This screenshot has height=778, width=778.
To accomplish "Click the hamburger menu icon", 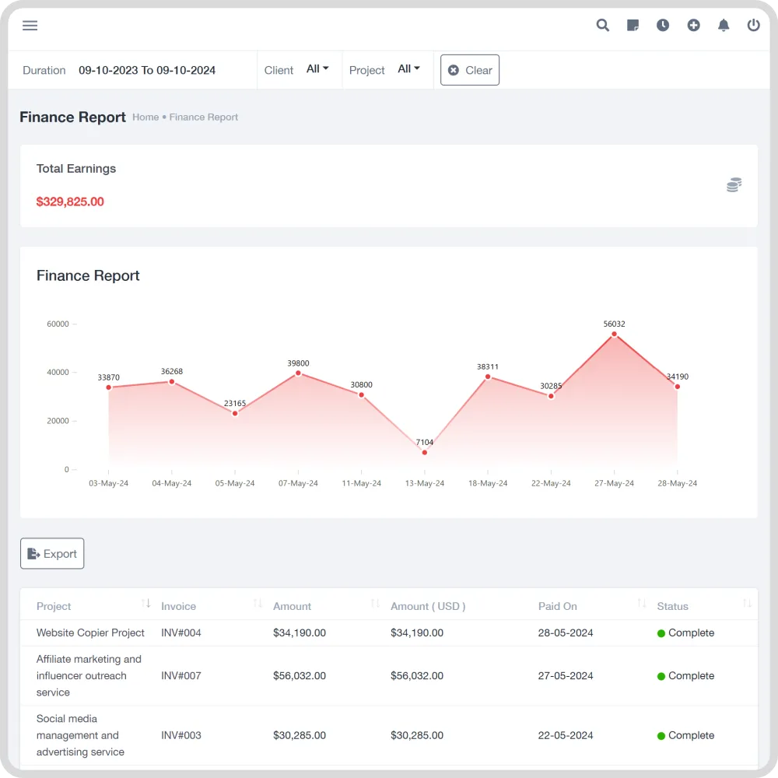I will tap(30, 26).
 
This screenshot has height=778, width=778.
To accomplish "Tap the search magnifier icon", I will tap(603, 26).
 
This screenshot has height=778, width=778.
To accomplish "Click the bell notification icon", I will tap(724, 26).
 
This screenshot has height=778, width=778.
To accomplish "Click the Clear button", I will tap(470, 70).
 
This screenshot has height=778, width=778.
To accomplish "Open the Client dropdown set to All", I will tap(317, 69).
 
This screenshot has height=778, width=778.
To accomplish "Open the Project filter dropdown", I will tap(408, 69).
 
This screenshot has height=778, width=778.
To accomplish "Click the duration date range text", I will tap(147, 70).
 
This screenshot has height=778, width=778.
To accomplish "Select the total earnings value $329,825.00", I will tap(70, 202).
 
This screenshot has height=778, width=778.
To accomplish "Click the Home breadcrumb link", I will tap(145, 117).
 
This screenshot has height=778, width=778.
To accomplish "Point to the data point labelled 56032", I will tap(614, 335).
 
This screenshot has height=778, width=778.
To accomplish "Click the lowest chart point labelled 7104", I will tap(425, 452).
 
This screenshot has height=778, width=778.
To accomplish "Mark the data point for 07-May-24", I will tap(298, 373).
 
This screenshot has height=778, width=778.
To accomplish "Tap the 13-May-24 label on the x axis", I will tap(425, 483).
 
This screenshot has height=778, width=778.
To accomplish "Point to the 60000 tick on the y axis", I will tap(58, 324).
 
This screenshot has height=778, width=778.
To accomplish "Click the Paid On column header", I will tap(558, 606).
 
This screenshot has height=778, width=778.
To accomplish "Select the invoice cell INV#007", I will tap(181, 676).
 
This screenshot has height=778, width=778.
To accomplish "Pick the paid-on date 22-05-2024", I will tap(566, 735).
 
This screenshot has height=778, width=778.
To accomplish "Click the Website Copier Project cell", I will tap(91, 633).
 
